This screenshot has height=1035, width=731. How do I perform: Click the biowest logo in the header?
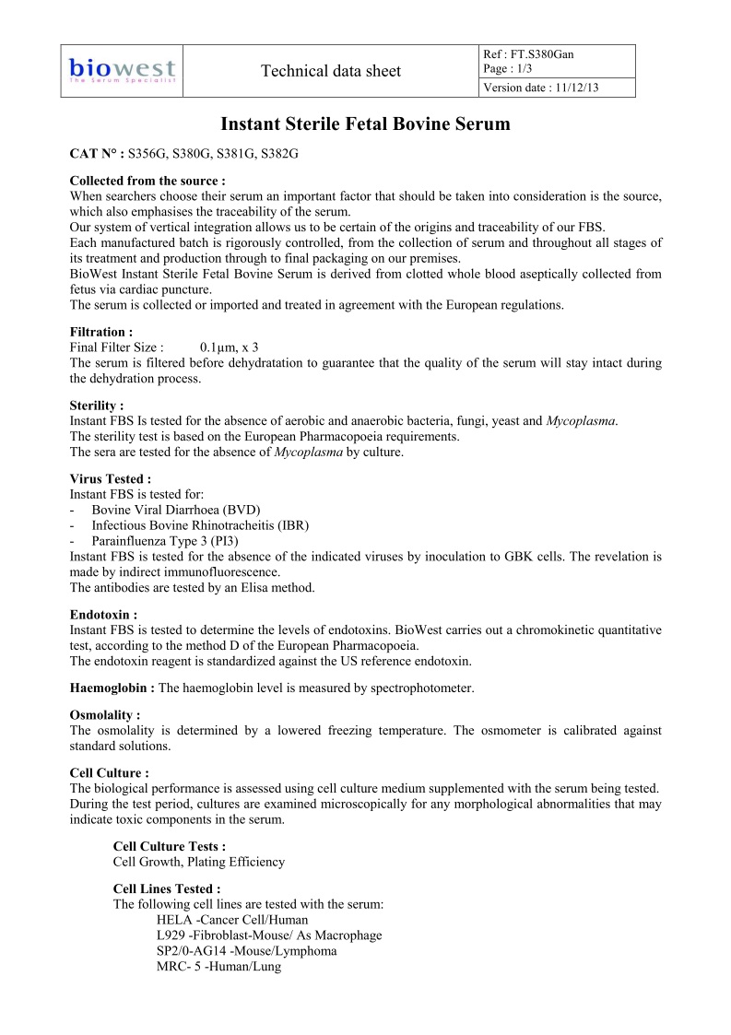coord(123,70)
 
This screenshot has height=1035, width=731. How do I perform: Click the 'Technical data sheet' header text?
coord(331,71)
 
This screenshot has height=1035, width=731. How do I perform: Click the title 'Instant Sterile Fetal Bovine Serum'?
coord(365,123)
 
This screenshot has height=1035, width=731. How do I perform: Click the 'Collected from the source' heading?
coord(147,181)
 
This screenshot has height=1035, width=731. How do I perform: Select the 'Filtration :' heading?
coord(101,332)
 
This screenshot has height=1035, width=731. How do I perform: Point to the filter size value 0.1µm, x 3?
coord(229,347)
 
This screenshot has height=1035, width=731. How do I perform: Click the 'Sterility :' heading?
coord(97,405)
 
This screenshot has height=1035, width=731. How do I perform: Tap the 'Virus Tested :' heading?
coord(111,478)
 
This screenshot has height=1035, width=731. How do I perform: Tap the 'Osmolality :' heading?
coord(105,715)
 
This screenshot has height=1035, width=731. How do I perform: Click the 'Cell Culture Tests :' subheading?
coord(169,846)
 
